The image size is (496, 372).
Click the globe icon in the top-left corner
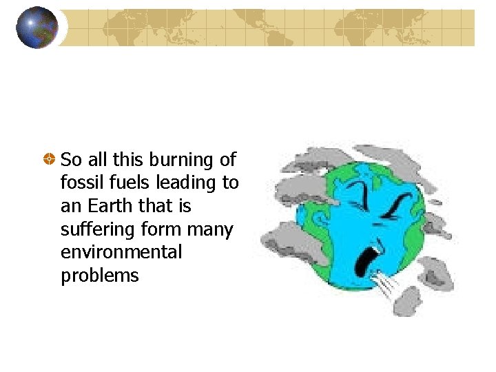click(36, 28)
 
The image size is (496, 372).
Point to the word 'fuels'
click(126, 183)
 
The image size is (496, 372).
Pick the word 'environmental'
click(121, 252)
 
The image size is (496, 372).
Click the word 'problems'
click(100, 276)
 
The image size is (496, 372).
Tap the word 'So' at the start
click(71, 160)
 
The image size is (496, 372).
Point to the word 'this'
click(127, 160)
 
